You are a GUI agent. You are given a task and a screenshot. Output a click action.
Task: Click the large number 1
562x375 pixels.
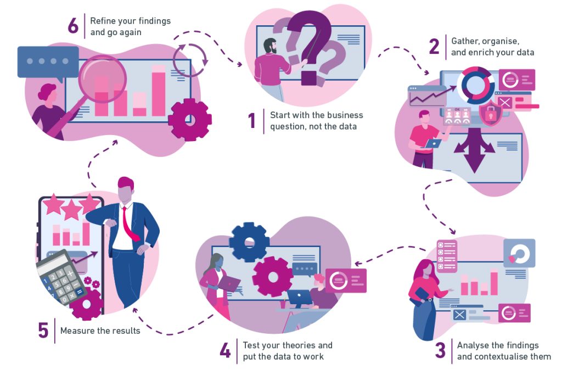252,121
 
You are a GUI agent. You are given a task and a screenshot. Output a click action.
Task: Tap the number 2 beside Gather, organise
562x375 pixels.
434,47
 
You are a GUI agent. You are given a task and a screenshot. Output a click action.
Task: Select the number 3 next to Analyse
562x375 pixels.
440,350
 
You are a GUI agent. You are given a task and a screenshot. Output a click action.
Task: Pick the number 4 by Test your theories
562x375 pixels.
225,350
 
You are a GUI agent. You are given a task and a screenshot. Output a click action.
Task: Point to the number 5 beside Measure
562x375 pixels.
43,330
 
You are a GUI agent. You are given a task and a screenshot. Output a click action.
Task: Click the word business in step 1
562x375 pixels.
345,115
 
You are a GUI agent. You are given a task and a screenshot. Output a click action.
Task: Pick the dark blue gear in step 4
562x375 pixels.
249,242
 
